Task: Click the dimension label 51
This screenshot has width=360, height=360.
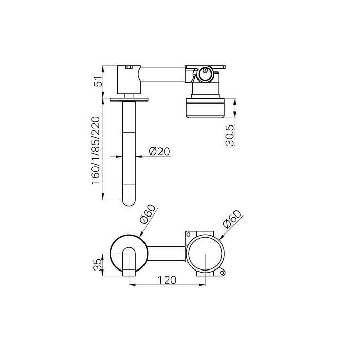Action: [x=98, y=81]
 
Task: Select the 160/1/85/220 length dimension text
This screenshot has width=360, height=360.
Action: [x=96, y=150]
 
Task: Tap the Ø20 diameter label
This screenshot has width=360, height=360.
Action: [x=159, y=151]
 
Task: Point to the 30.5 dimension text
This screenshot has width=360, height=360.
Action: [x=230, y=135]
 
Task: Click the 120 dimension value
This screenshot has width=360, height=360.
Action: [x=167, y=280]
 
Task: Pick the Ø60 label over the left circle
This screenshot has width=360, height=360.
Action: [x=148, y=214]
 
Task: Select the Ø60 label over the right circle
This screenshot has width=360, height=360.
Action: [x=232, y=220]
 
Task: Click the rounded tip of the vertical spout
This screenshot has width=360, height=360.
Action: [x=129, y=203]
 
